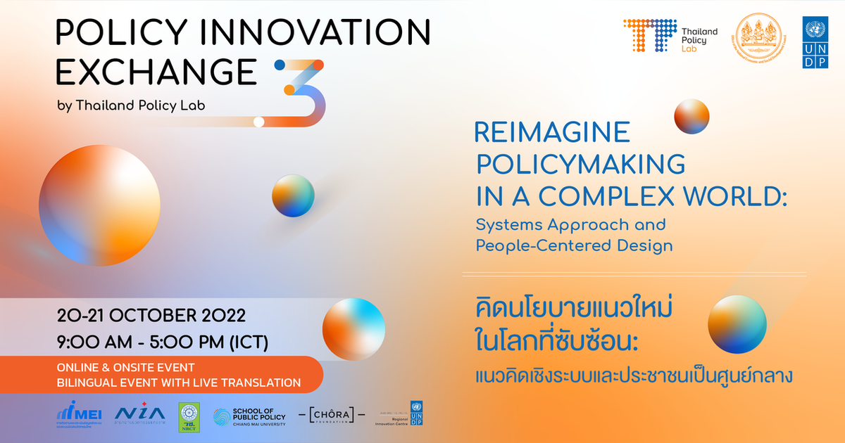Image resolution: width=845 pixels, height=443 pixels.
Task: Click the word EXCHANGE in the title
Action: pyautogui.click(x=156, y=71)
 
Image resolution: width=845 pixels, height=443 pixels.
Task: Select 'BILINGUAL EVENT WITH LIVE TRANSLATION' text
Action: pyautogui.click(x=179, y=383)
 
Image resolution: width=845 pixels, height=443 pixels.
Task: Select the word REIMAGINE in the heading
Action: pyautogui.click(x=552, y=132)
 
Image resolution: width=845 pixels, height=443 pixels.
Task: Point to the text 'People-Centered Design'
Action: pyautogui.click(x=574, y=246)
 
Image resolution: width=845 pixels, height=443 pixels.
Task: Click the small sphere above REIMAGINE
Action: pyautogui.click(x=691, y=116)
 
